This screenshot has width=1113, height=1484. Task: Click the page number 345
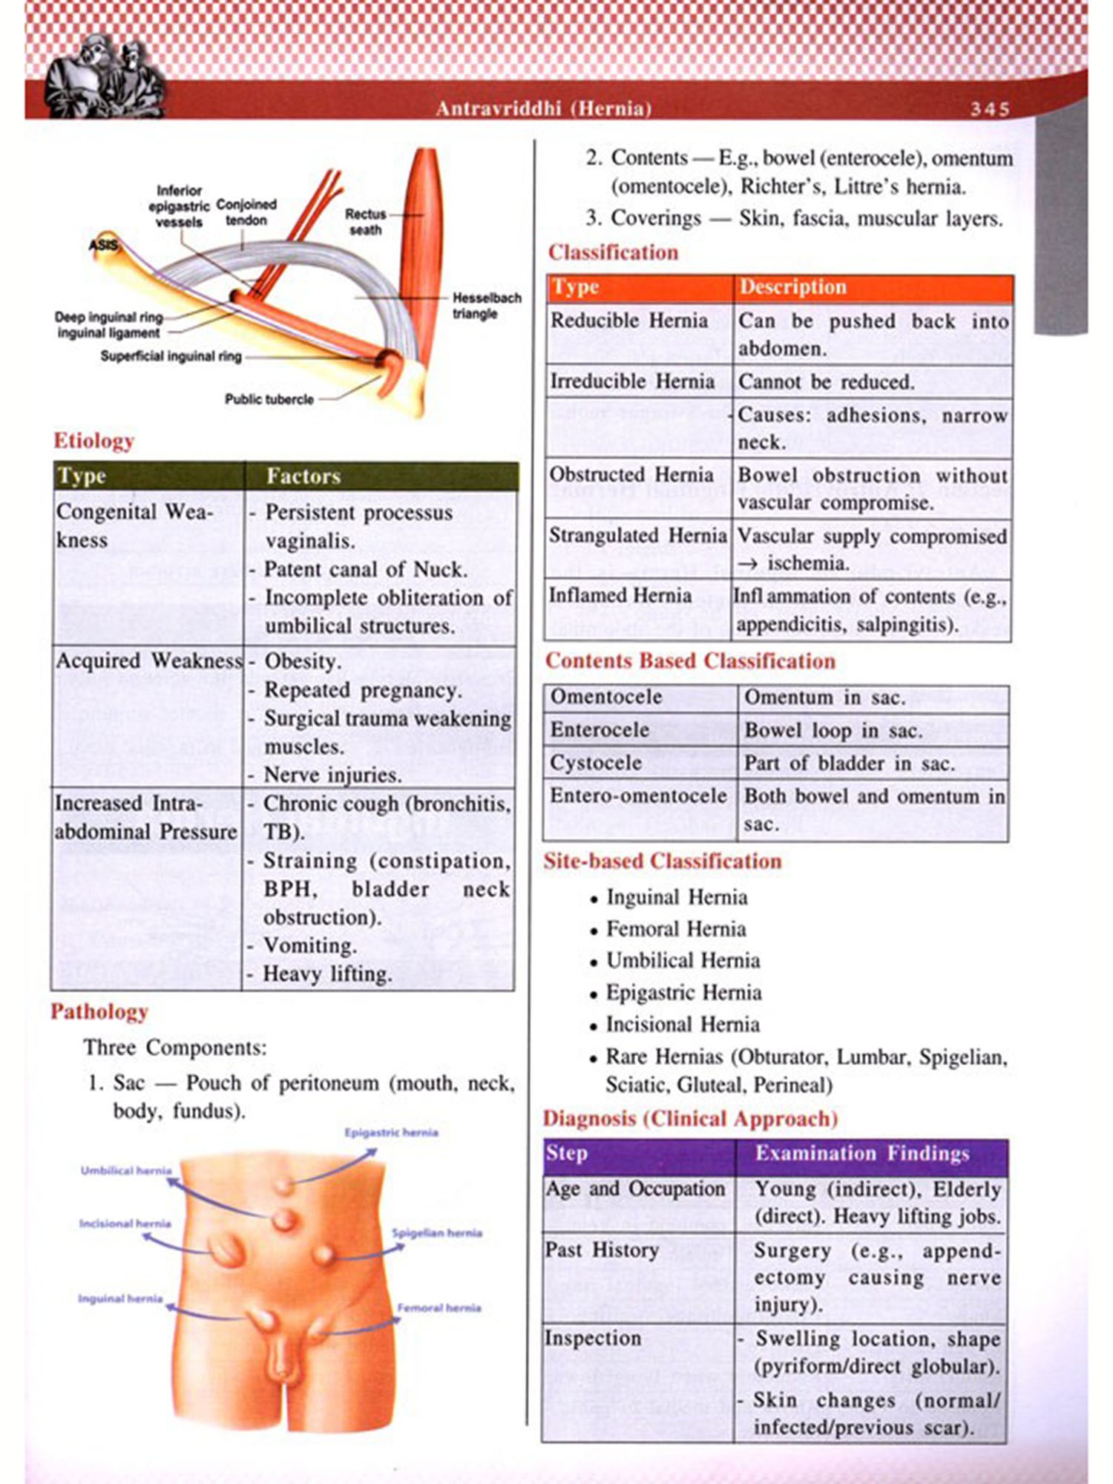pos(990,109)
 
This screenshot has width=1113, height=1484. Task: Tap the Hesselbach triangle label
pos(486,306)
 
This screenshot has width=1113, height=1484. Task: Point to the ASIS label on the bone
pos(103,245)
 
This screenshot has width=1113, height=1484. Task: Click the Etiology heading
pos(93,441)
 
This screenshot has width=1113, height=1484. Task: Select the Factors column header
pos(303,476)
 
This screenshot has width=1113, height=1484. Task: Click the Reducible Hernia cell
pos(629,321)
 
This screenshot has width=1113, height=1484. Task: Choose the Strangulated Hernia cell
pos(637,536)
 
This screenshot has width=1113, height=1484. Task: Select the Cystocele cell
pos(596,763)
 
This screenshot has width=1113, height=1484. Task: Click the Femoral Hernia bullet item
pos(676,929)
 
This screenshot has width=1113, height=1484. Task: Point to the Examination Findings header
pos(862,1154)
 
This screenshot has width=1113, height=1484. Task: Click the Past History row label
pos(602,1250)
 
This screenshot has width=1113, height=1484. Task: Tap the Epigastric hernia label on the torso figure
pos(391,1132)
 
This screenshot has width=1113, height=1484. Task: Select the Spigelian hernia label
pos(437,1233)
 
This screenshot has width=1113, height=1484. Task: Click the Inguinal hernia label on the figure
pos(120,1298)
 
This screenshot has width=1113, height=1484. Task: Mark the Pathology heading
pos(99,1012)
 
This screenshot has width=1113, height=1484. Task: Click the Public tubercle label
pos(269,399)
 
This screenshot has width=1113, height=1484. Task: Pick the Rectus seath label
pos(365,222)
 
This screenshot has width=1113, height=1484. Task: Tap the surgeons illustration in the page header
pos(104,78)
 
